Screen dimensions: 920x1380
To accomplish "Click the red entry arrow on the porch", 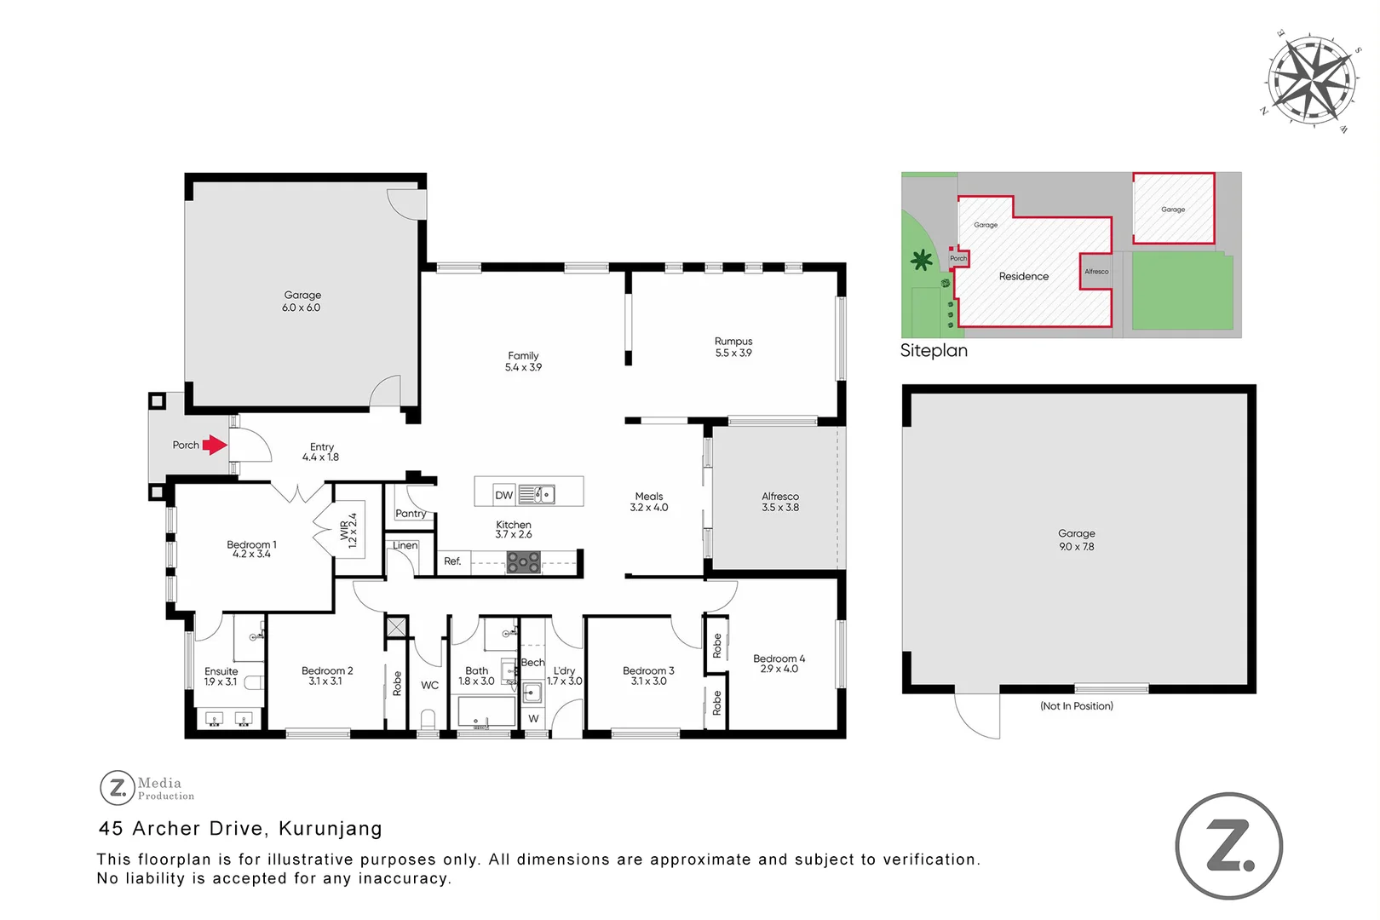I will pyautogui.click(x=215, y=445).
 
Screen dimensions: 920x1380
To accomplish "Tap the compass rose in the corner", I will pyautogui.click(x=1310, y=81).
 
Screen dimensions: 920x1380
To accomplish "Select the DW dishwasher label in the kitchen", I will pyautogui.click(x=503, y=495).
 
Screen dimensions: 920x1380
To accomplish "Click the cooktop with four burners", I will pyautogui.click(x=523, y=561).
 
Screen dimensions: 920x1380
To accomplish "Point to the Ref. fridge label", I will pyautogui.click(x=452, y=561).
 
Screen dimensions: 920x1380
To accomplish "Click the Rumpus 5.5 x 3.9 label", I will pyautogui.click(x=733, y=347).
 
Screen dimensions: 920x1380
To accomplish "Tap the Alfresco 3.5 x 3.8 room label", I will pyautogui.click(x=780, y=502).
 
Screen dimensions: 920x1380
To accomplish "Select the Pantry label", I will pyautogui.click(x=411, y=514).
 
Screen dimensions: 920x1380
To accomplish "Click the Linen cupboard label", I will pyautogui.click(x=405, y=545).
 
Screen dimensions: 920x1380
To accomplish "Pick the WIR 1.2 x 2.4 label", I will pyautogui.click(x=349, y=530).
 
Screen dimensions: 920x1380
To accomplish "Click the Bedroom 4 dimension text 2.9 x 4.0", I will pyautogui.click(x=779, y=670).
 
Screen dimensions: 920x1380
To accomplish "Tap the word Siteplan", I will pyautogui.click(x=934, y=351).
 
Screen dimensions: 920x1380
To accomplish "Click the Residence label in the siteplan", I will pyautogui.click(x=1024, y=277).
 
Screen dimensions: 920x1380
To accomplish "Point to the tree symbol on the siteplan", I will pyautogui.click(x=921, y=260).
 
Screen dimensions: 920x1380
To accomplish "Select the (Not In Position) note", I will pyautogui.click(x=1076, y=706).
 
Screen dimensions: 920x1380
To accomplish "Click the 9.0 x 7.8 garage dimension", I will pyautogui.click(x=1076, y=547).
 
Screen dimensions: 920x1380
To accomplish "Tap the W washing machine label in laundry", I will pyautogui.click(x=533, y=719).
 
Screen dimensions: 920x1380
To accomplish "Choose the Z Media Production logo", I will pyautogui.click(x=147, y=788).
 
